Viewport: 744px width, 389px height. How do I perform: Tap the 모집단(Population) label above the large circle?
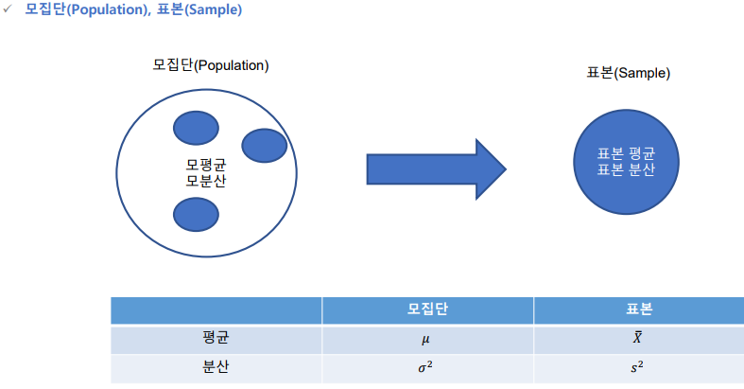[x=211, y=65]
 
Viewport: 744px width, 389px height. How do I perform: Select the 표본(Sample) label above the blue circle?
[x=615, y=72]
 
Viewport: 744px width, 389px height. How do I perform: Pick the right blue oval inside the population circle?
[x=264, y=145]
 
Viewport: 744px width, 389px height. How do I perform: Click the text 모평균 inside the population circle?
[x=205, y=164]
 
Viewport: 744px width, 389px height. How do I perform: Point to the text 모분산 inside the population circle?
[x=205, y=180]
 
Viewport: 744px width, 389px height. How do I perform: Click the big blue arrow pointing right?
[x=435, y=170]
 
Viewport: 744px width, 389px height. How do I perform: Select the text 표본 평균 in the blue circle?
[x=616, y=153]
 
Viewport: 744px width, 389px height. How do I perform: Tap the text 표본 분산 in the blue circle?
[x=616, y=170]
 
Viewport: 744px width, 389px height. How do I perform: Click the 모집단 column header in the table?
[x=427, y=310]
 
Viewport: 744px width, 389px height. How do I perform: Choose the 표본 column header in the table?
[x=639, y=310]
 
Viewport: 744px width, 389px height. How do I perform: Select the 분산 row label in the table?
[x=216, y=366]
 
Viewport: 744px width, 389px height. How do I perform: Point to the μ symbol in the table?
[x=427, y=339]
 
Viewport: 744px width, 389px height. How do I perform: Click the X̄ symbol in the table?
[x=639, y=338]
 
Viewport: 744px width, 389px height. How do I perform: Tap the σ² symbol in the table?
[x=427, y=366]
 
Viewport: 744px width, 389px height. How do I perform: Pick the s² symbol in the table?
[x=639, y=366]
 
